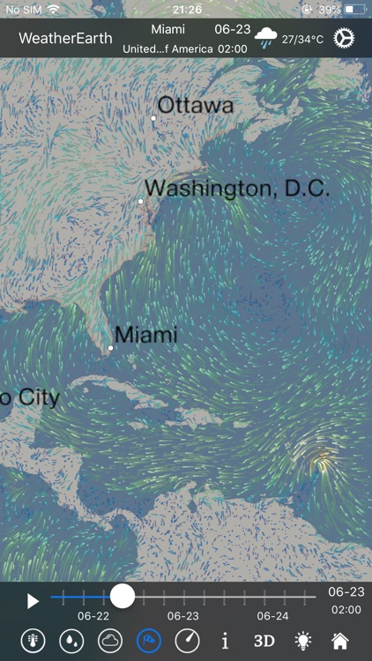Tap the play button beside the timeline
pyautogui.click(x=33, y=601)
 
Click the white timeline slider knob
pyautogui.click(x=123, y=597)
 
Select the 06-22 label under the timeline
pyautogui.click(x=93, y=616)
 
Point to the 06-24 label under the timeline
pyautogui.click(x=273, y=616)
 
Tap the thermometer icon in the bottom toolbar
pyautogui.click(x=33, y=641)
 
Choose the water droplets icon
pyautogui.click(x=71, y=641)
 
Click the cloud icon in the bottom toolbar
pyautogui.click(x=110, y=641)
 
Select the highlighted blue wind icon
pyautogui.click(x=148, y=641)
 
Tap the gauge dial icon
pyautogui.click(x=187, y=641)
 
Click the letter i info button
pyautogui.click(x=225, y=641)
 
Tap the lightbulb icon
pyautogui.click(x=303, y=641)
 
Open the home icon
pyautogui.click(x=339, y=641)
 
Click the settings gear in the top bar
pyautogui.click(x=344, y=39)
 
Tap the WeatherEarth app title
pyautogui.click(x=65, y=39)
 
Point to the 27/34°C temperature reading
pyautogui.click(x=302, y=40)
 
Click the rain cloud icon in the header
pyautogui.click(x=265, y=38)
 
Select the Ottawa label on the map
pyautogui.click(x=195, y=106)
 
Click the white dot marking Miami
pyautogui.click(x=111, y=348)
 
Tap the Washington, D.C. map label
pyautogui.click(x=236, y=188)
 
